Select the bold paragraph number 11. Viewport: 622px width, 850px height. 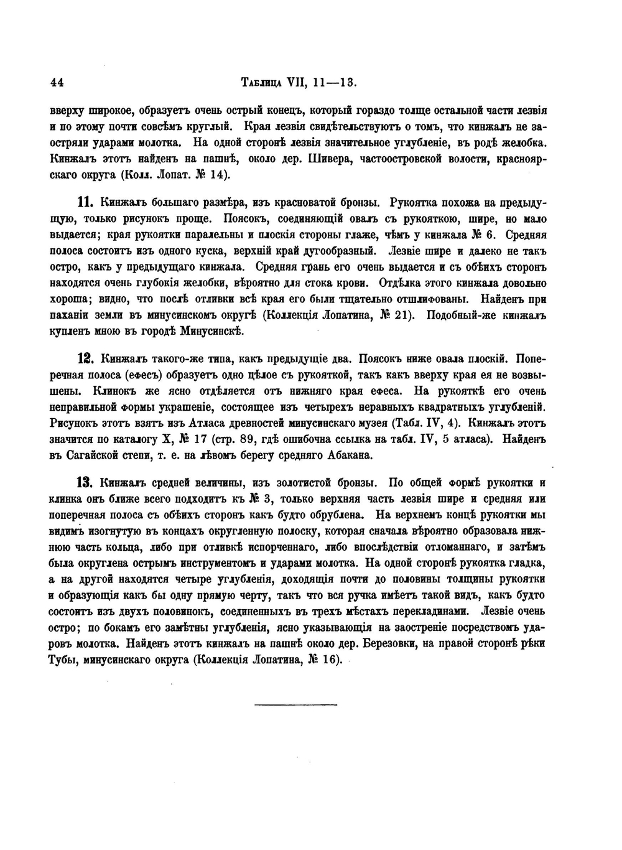85,202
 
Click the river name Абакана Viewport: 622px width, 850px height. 348,455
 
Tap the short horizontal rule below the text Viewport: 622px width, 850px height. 295,704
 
